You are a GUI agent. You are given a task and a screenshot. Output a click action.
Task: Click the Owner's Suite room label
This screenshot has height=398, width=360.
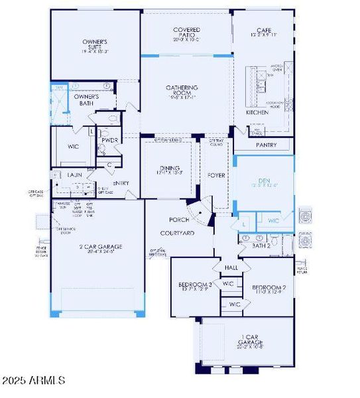click(x=95, y=45)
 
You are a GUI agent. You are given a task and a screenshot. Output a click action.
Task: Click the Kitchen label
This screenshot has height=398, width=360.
click(x=257, y=113)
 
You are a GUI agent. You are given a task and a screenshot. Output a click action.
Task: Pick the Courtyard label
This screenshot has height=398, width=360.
click(x=177, y=233)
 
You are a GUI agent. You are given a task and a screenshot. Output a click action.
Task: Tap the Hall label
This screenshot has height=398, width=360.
click(x=231, y=267)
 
